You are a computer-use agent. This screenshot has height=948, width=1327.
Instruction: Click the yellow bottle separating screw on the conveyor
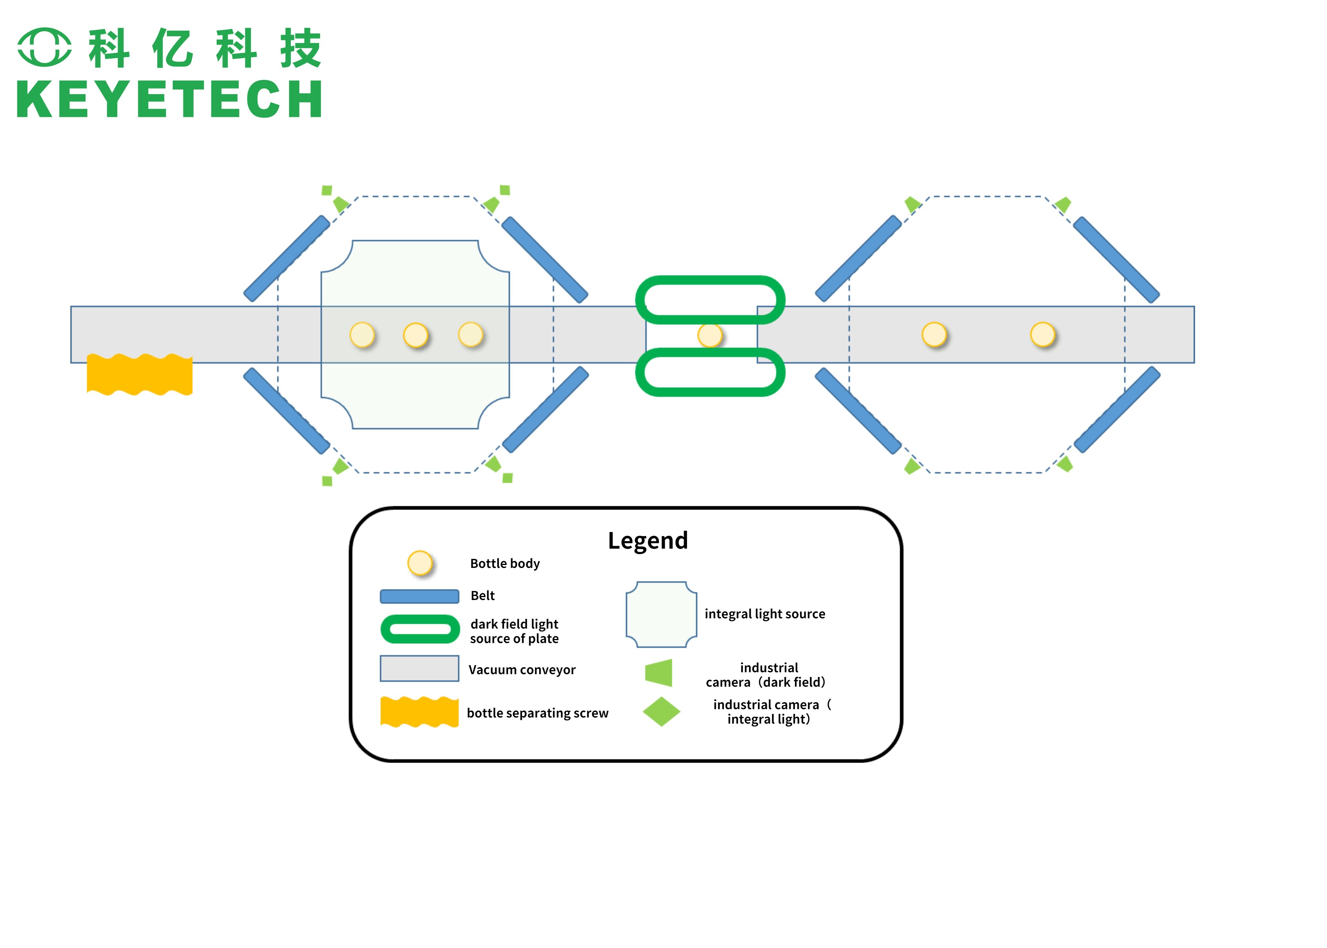(x=139, y=374)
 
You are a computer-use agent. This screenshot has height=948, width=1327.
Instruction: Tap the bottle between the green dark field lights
(x=710, y=335)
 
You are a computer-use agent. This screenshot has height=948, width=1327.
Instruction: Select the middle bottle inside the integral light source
(x=415, y=335)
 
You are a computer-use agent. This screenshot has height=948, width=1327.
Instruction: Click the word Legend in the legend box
(x=648, y=541)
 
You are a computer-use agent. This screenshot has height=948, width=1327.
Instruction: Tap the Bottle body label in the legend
(x=505, y=563)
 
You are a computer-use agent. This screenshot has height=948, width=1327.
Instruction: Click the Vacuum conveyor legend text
(x=522, y=670)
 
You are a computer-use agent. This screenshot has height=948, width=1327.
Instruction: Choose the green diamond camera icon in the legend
(x=661, y=712)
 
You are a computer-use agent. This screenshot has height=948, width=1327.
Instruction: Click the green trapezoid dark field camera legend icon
(x=659, y=673)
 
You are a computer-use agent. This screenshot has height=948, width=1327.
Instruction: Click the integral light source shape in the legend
(x=661, y=614)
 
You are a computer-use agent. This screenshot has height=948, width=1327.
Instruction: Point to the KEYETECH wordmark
(x=169, y=99)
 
